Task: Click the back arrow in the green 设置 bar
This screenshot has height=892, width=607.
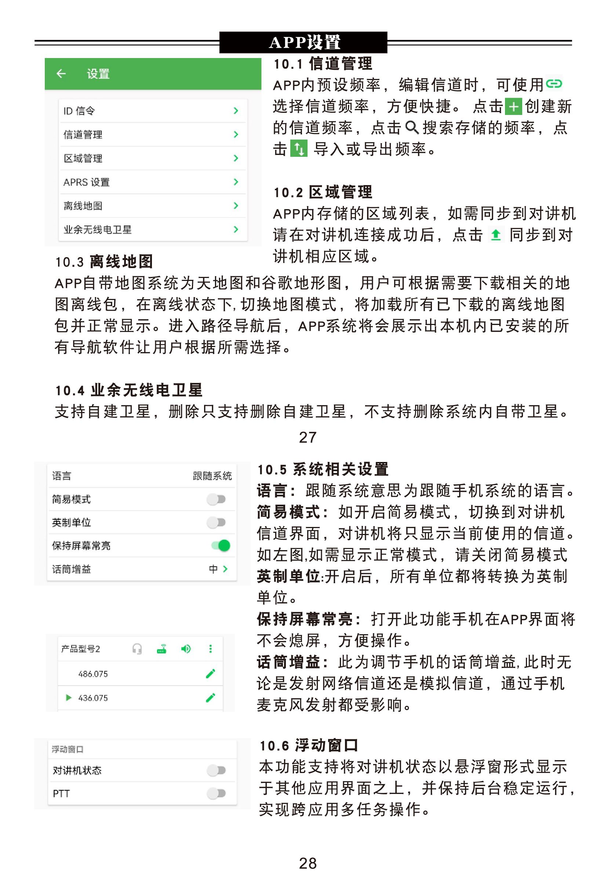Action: pyautogui.click(x=61, y=73)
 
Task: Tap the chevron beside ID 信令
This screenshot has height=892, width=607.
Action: pyautogui.click(x=236, y=111)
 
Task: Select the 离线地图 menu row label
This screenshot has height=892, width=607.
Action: pyautogui.click(x=83, y=206)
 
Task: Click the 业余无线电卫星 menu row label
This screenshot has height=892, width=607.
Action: pyautogui.click(x=97, y=230)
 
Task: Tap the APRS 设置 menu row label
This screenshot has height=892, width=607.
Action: pyautogui.click(x=86, y=182)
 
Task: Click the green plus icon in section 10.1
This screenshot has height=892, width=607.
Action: pyautogui.click(x=513, y=107)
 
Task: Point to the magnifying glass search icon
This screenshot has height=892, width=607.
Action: pyautogui.click(x=411, y=127)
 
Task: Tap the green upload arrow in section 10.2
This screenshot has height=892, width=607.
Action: pyautogui.click(x=495, y=235)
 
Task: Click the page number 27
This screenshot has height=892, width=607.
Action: pyautogui.click(x=308, y=437)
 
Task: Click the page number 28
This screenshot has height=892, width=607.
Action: pyautogui.click(x=308, y=863)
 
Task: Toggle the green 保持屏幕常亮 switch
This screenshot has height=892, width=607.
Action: pyautogui.click(x=221, y=545)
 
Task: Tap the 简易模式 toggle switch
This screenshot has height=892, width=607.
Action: pyautogui.click(x=216, y=499)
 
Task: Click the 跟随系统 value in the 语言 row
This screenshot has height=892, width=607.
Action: pyautogui.click(x=212, y=476)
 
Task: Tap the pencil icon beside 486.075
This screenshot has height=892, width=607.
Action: pyautogui.click(x=211, y=673)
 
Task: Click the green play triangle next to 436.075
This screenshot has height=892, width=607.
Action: pyautogui.click(x=69, y=697)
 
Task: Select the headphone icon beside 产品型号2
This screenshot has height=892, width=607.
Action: pyautogui.click(x=137, y=649)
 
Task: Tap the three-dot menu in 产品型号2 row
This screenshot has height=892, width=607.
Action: pyautogui.click(x=210, y=649)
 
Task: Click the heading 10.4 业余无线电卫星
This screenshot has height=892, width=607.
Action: pyautogui.click(x=128, y=390)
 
